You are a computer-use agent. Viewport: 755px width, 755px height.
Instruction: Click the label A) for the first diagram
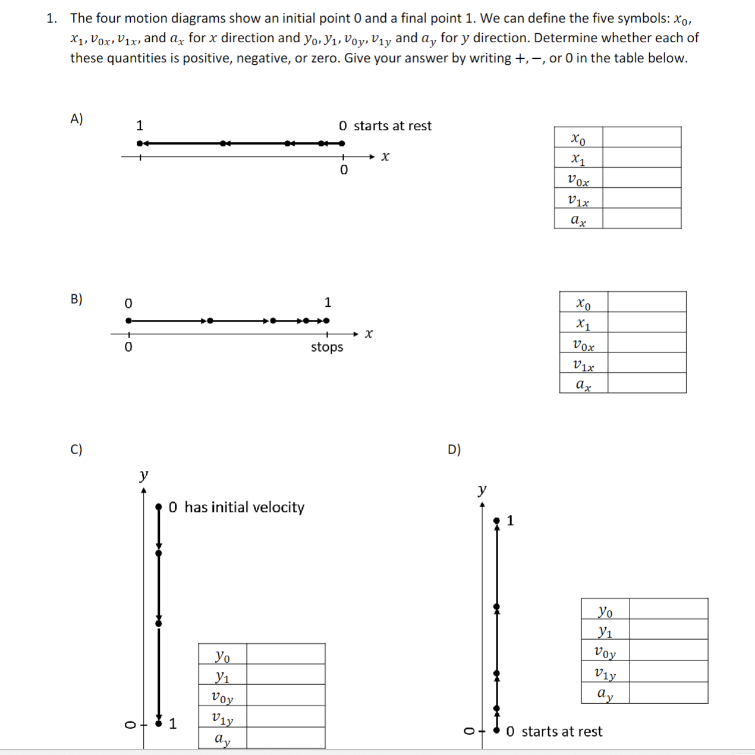coord(76,119)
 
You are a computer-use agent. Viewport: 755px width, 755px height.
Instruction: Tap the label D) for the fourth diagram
coord(454,449)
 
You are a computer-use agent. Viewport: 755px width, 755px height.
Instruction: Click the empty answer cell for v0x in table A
coord(641,178)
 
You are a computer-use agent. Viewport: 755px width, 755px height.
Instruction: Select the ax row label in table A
coord(578,219)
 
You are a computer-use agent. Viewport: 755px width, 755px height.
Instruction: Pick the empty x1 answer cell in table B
coord(647,322)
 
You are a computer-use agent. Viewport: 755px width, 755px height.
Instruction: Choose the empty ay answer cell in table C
coord(285,739)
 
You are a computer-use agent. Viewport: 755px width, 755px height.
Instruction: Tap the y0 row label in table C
coord(222,655)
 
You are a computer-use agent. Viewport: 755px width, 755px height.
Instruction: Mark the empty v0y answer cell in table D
coord(668,650)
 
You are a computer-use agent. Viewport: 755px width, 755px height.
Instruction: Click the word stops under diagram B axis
coord(327,347)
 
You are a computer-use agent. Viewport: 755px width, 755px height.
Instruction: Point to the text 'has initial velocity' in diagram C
coord(244,507)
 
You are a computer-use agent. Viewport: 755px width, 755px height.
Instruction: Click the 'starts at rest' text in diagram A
coord(392,126)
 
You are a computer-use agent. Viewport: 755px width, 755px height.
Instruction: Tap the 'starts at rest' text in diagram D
coord(562,732)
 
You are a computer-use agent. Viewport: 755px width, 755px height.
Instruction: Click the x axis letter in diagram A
coord(385,156)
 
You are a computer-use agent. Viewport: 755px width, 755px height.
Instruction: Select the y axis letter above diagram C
coord(143,475)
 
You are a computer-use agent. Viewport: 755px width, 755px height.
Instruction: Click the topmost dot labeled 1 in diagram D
coord(497,521)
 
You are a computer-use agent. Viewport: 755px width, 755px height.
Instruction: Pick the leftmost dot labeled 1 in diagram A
coord(140,143)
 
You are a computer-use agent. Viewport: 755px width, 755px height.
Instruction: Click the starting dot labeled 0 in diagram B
coord(128,320)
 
